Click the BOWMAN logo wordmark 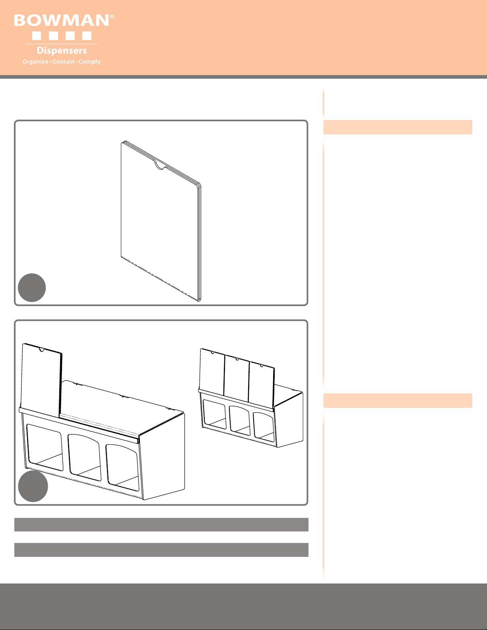62,21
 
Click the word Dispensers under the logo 62,50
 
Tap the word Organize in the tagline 35,62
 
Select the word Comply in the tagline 89,62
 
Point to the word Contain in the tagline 64,62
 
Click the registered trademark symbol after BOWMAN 112,17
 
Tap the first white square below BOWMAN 36,36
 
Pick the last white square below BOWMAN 87,36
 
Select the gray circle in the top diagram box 32,288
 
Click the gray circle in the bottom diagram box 33,486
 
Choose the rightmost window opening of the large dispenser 122,468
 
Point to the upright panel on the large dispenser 41,380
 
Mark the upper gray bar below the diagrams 161,524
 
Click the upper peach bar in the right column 398,127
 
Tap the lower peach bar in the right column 398,401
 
